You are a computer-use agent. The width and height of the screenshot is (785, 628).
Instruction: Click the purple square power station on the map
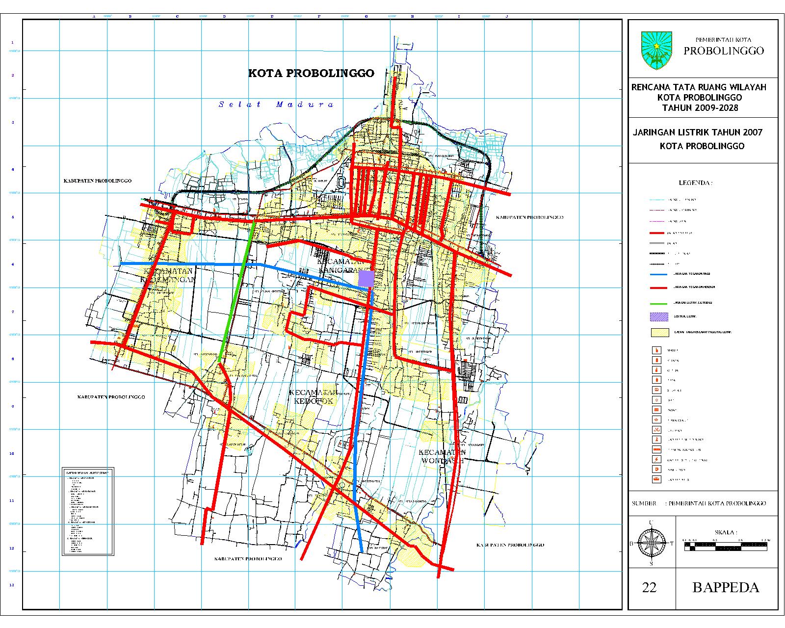(x=366, y=278)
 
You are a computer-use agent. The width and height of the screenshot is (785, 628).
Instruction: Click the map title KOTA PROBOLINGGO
(x=311, y=73)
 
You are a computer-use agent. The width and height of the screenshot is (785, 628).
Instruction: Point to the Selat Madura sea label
(x=276, y=104)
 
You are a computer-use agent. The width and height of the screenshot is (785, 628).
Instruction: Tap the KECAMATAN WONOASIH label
(x=442, y=456)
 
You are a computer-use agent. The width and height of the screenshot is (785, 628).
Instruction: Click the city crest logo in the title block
(x=656, y=51)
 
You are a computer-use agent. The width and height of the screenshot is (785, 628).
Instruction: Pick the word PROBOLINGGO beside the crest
(x=724, y=51)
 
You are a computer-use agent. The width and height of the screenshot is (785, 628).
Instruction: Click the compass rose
(x=651, y=543)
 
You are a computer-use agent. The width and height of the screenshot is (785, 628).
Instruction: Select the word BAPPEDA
(x=726, y=587)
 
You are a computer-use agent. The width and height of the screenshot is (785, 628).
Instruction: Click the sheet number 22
(x=649, y=587)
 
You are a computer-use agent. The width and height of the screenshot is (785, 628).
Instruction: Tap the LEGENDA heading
(x=695, y=183)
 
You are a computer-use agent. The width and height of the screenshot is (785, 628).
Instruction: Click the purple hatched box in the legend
(x=659, y=317)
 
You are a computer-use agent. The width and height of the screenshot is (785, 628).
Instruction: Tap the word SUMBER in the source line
(x=644, y=503)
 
